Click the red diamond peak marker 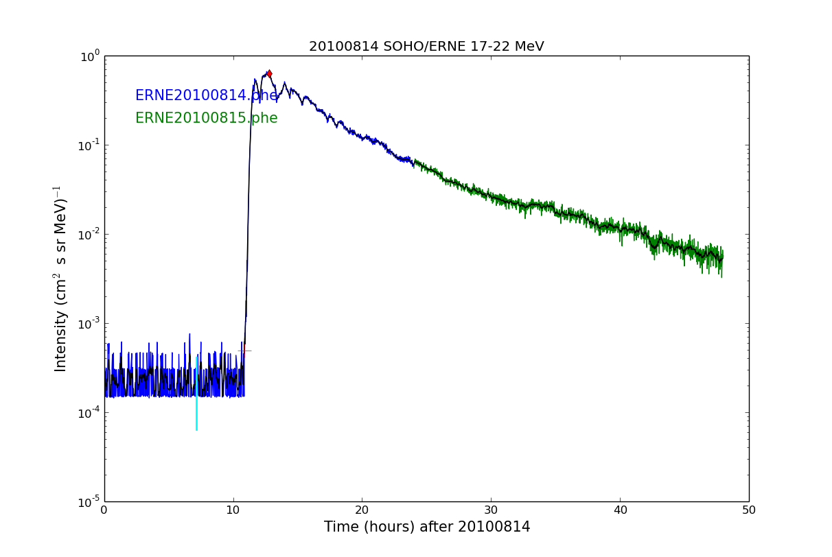269,73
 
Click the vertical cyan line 196,394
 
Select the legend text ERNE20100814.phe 206,96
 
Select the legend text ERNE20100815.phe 206,118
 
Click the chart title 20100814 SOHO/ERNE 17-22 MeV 426,47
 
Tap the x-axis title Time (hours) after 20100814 427,527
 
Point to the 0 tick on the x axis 104,510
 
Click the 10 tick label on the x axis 233,510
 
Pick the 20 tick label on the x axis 362,510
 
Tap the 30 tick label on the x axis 491,510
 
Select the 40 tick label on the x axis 620,510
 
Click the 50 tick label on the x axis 749,510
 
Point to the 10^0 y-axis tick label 90,56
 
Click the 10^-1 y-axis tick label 89,145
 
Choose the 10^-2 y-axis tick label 89,235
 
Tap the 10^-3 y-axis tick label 89,323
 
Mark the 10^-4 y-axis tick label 89,412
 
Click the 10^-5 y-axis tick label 89,501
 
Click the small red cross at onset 244,351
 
